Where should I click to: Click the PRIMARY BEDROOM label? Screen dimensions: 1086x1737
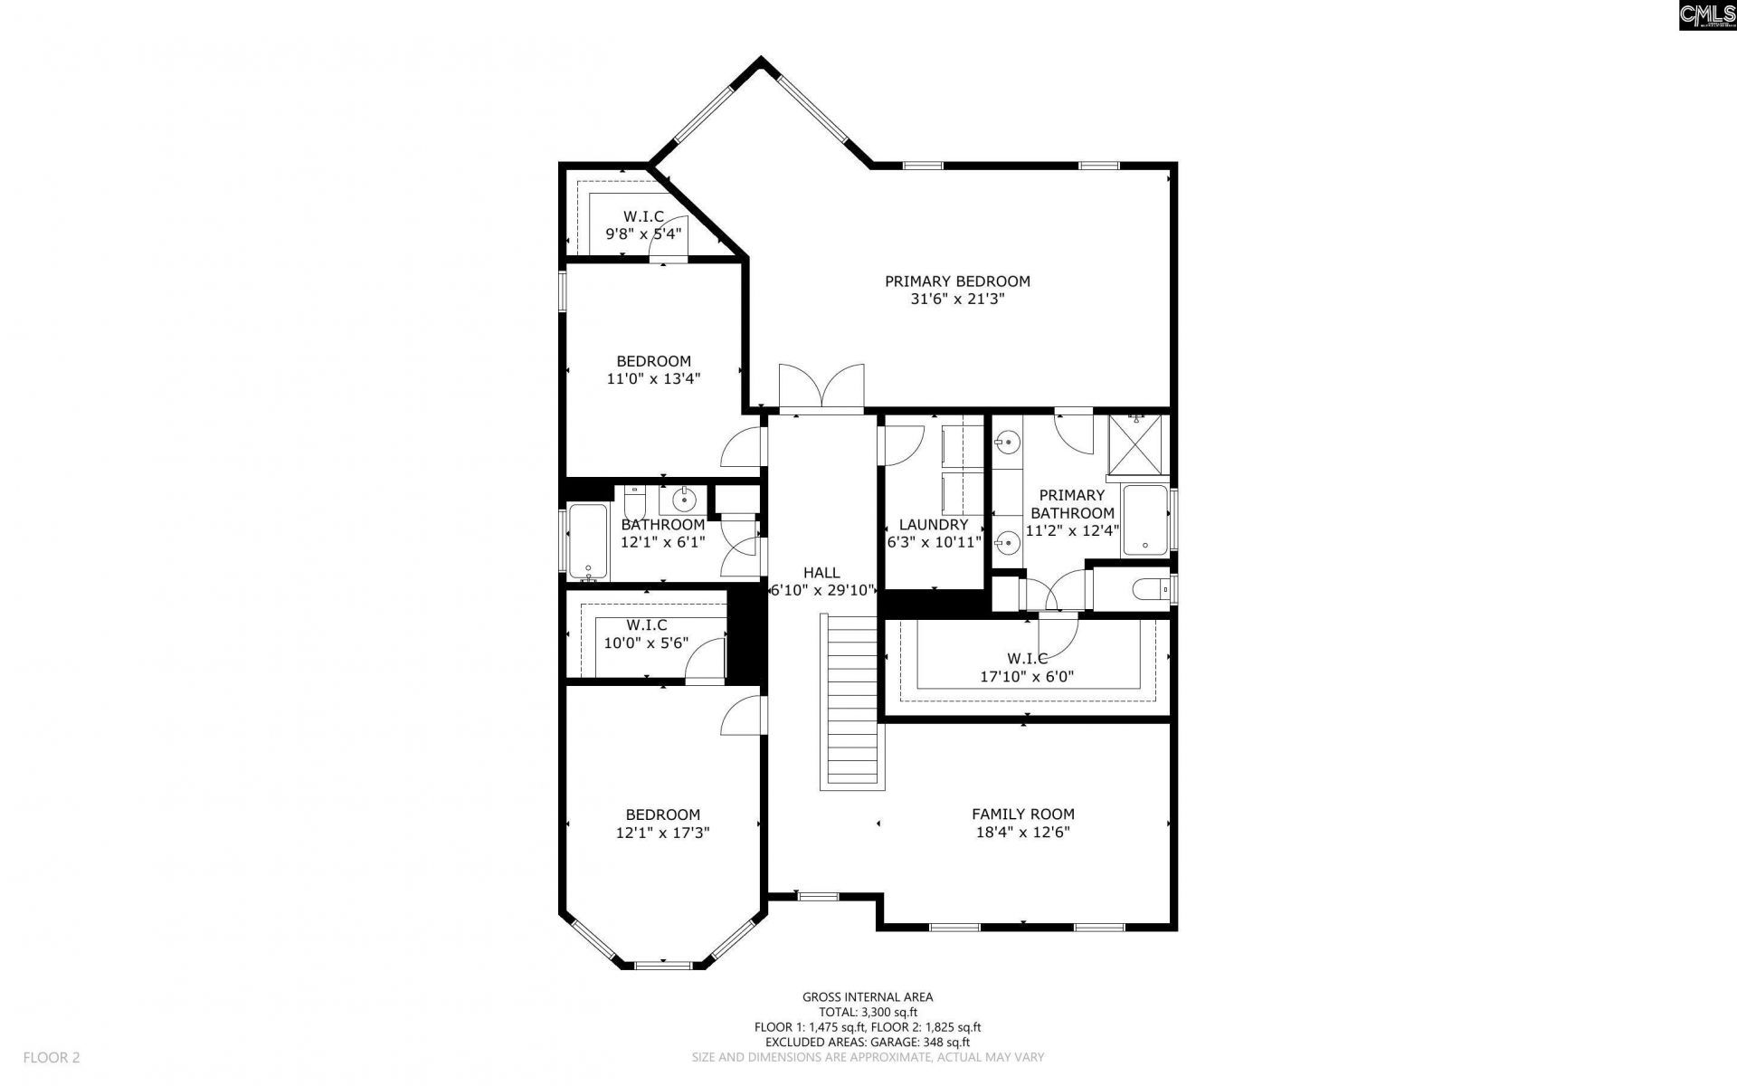pos(957,281)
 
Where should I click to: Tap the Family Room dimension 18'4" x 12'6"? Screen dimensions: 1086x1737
pos(1022,833)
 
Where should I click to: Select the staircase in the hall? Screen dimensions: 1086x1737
pos(851,701)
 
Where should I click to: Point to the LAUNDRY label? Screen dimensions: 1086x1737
pos(934,525)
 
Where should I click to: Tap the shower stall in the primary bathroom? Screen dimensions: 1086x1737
pos(1139,444)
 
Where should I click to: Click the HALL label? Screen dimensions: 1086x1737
pos(821,573)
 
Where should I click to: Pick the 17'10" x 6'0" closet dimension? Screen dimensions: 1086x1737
pos(1027,676)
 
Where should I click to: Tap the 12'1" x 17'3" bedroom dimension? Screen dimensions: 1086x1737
pos(662,833)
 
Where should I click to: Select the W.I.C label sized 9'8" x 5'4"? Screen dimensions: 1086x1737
pos(643,217)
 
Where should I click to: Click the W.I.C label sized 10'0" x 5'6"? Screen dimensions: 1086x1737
pos(646,625)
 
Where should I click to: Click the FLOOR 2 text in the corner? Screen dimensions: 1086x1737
pos(52,1057)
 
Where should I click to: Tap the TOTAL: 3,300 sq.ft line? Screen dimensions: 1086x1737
pos(867,1013)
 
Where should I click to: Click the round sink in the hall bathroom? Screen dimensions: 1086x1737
pos(686,498)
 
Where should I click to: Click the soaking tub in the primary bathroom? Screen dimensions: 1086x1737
pos(1145,520)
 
